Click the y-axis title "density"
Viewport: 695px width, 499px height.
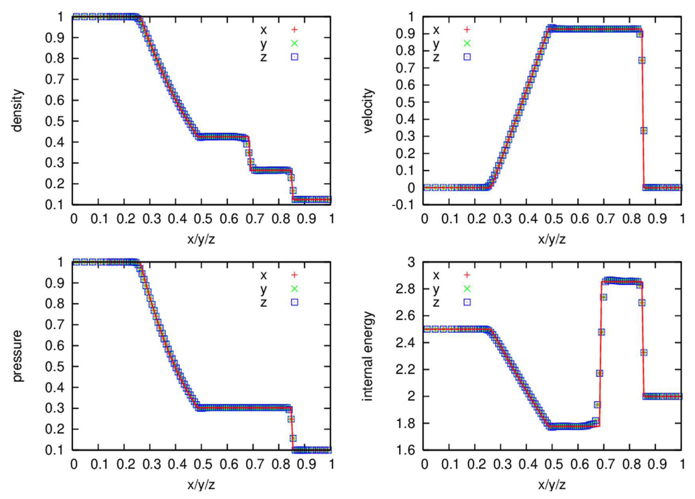18,110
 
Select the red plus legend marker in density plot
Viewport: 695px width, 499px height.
294,30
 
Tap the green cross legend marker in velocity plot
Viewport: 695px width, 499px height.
467,43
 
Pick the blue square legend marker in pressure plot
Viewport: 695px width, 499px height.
294,302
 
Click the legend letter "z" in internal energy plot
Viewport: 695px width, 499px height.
436,302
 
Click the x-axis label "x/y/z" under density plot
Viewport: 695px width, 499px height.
201,239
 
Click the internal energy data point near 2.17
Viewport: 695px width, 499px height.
599,373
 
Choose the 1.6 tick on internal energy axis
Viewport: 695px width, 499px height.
405,450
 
